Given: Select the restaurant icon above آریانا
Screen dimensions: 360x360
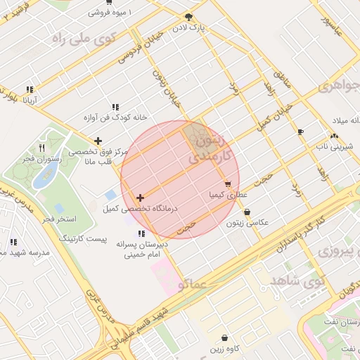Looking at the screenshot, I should [x=30, y=90].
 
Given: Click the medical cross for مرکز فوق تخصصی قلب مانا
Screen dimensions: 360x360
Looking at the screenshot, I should [x=98, y=141].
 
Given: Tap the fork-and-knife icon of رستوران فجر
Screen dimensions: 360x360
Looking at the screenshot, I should [x=41, y=148].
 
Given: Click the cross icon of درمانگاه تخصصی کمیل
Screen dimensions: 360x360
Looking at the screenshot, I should [x=141, y=198].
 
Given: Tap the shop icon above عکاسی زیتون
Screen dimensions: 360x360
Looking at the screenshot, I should [x=247, y=212].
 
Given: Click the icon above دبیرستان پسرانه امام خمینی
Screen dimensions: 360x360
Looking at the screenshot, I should [x=141, y=233].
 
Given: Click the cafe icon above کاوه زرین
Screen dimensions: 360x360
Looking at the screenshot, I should [x=224, y=338].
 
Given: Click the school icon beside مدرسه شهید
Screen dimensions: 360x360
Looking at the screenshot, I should [x=14, y=242].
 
